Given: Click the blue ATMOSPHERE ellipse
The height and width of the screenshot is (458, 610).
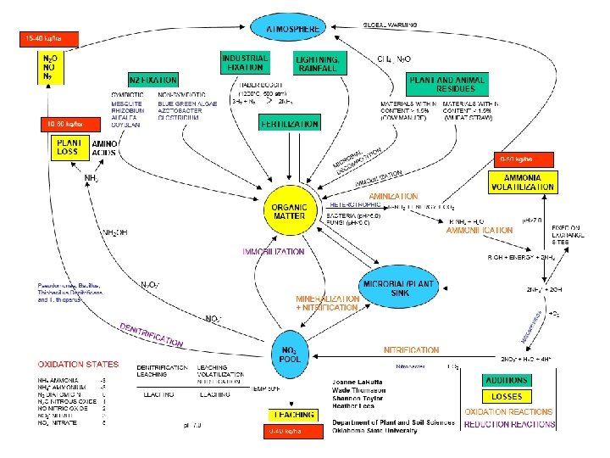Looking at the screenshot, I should tap(292, 29).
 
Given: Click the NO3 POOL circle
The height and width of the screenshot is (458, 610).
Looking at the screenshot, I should tap(290, 353).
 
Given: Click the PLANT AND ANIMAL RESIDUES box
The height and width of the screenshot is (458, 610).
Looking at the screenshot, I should tap(448, 85).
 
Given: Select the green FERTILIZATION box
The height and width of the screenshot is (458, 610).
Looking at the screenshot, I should tap(290, 124).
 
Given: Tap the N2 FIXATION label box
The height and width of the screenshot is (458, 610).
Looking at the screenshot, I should tap(152, 79).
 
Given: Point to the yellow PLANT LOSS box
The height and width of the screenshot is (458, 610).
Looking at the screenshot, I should tap(68, 148).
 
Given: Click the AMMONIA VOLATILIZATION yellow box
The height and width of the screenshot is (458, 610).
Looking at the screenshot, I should tap(523, 181).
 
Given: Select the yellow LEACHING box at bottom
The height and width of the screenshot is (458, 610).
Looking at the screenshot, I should tap(292, 416).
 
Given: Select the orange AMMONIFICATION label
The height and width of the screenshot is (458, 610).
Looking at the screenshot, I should tap(480, 230).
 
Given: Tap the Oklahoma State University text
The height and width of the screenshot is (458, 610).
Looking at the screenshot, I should tap(374, 430).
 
